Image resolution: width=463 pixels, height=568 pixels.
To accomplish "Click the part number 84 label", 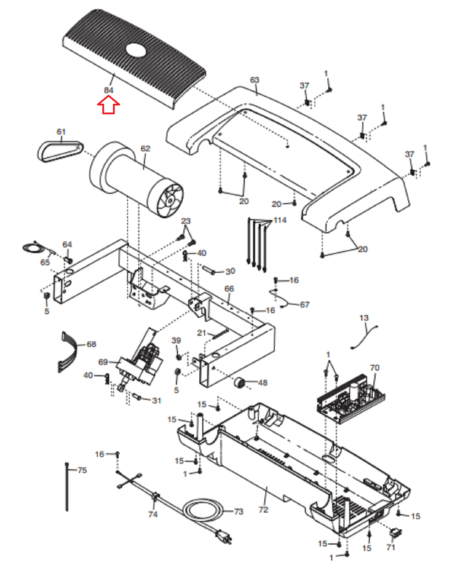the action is [x=109, y=90].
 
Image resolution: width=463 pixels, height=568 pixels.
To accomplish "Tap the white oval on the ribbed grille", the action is [x=136, y=50].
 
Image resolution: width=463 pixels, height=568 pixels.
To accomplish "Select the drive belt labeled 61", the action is [x=60, y=151].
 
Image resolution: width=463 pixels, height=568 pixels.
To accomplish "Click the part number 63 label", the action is [x=254, y=80].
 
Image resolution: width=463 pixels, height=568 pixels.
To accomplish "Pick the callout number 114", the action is [x=280, y=220].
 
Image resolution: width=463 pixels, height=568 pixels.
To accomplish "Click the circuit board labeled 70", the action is [x=351, y=398].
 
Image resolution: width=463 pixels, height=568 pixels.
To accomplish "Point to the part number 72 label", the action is [x=263, y=509].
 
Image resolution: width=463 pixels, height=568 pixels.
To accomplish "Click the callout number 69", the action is [x=103, y=362].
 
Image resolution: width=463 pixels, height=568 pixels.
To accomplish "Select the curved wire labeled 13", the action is [x=364, y=337].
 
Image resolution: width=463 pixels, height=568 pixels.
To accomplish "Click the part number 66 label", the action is [x=229, y=289].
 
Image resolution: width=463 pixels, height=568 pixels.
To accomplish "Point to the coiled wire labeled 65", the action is [x=37, y=248].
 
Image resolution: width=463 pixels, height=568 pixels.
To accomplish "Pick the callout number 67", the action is [x=305, y=305].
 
